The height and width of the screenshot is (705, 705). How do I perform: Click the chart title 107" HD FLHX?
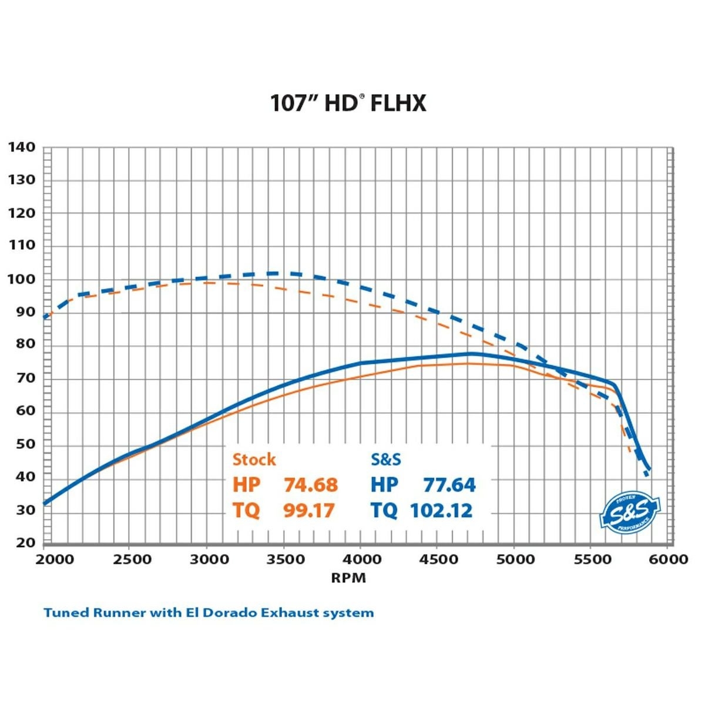[x=348, y=103]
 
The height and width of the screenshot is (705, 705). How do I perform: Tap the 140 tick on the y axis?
[x=22, y=147]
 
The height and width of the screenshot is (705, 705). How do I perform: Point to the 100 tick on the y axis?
[x=22, y=279]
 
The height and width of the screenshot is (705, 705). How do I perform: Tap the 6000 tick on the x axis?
[x=668, y=559]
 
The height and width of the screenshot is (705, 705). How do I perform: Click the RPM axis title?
[x=348, y=578]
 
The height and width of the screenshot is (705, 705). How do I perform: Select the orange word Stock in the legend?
[x=254, y=459]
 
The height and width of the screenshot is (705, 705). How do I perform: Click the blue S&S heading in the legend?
[x=386, y=459]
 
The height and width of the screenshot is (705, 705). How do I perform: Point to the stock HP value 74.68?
[x=311, y=485]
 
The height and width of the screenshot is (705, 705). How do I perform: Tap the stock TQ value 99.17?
[x=308, y=511]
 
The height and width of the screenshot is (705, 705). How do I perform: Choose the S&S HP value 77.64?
[x=449, y=485]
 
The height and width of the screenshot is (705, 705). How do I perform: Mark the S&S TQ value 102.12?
[x=441, y=511]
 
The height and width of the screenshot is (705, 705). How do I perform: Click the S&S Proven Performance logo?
[x=630, y=513]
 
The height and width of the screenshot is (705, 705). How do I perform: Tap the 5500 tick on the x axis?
[x=592, y=559]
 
